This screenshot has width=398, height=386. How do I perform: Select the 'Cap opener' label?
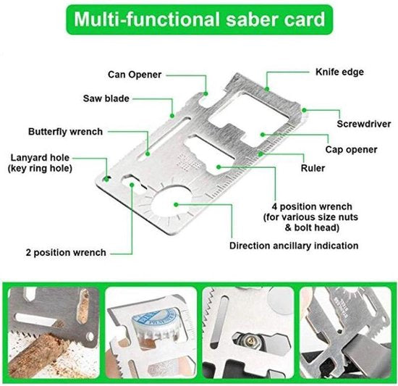coord(350,149)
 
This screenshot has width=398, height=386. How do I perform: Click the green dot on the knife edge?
coord(266,89)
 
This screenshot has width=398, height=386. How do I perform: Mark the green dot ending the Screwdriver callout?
coord(304,110)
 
